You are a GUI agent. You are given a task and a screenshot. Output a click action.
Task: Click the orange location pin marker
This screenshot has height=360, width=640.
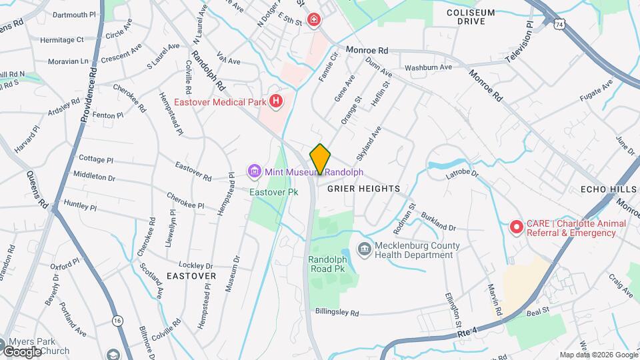(x=320, y=159)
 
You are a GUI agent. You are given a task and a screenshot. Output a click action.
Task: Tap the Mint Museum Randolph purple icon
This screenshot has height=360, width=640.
(x=253, y=172)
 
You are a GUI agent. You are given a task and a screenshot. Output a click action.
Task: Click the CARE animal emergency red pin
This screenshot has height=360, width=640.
(x=516, y=228)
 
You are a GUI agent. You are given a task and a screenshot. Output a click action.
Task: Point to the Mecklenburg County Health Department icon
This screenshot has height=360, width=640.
(x=365, y=250)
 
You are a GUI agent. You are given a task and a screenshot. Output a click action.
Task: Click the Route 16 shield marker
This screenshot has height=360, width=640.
(x=118, y=321)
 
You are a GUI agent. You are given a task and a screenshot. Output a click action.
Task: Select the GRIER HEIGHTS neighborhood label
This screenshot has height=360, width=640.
(x=364, y=189)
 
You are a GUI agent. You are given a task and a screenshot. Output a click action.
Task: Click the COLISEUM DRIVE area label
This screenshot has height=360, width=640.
(x=471, y=17)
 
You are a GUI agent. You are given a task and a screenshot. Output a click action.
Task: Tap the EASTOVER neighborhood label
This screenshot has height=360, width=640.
(x=191, y=275)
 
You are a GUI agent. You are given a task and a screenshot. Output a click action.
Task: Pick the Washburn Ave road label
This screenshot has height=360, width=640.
(x=428, y=67)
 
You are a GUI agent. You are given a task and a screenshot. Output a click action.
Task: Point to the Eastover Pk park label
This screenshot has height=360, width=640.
(x=273, y=192)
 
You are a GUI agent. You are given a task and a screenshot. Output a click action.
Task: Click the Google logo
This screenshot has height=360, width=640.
(x=21, y=351)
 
